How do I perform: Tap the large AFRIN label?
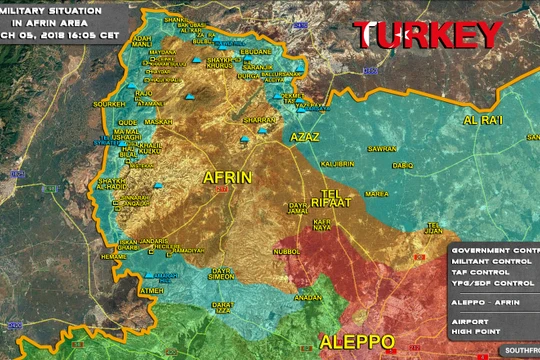227,177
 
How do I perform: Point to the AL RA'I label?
481,120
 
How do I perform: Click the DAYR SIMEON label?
221,273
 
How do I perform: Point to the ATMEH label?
150,291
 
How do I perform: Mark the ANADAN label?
308,298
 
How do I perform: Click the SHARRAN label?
258,119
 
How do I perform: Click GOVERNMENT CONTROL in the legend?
496,249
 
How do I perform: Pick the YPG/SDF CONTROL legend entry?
494,281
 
